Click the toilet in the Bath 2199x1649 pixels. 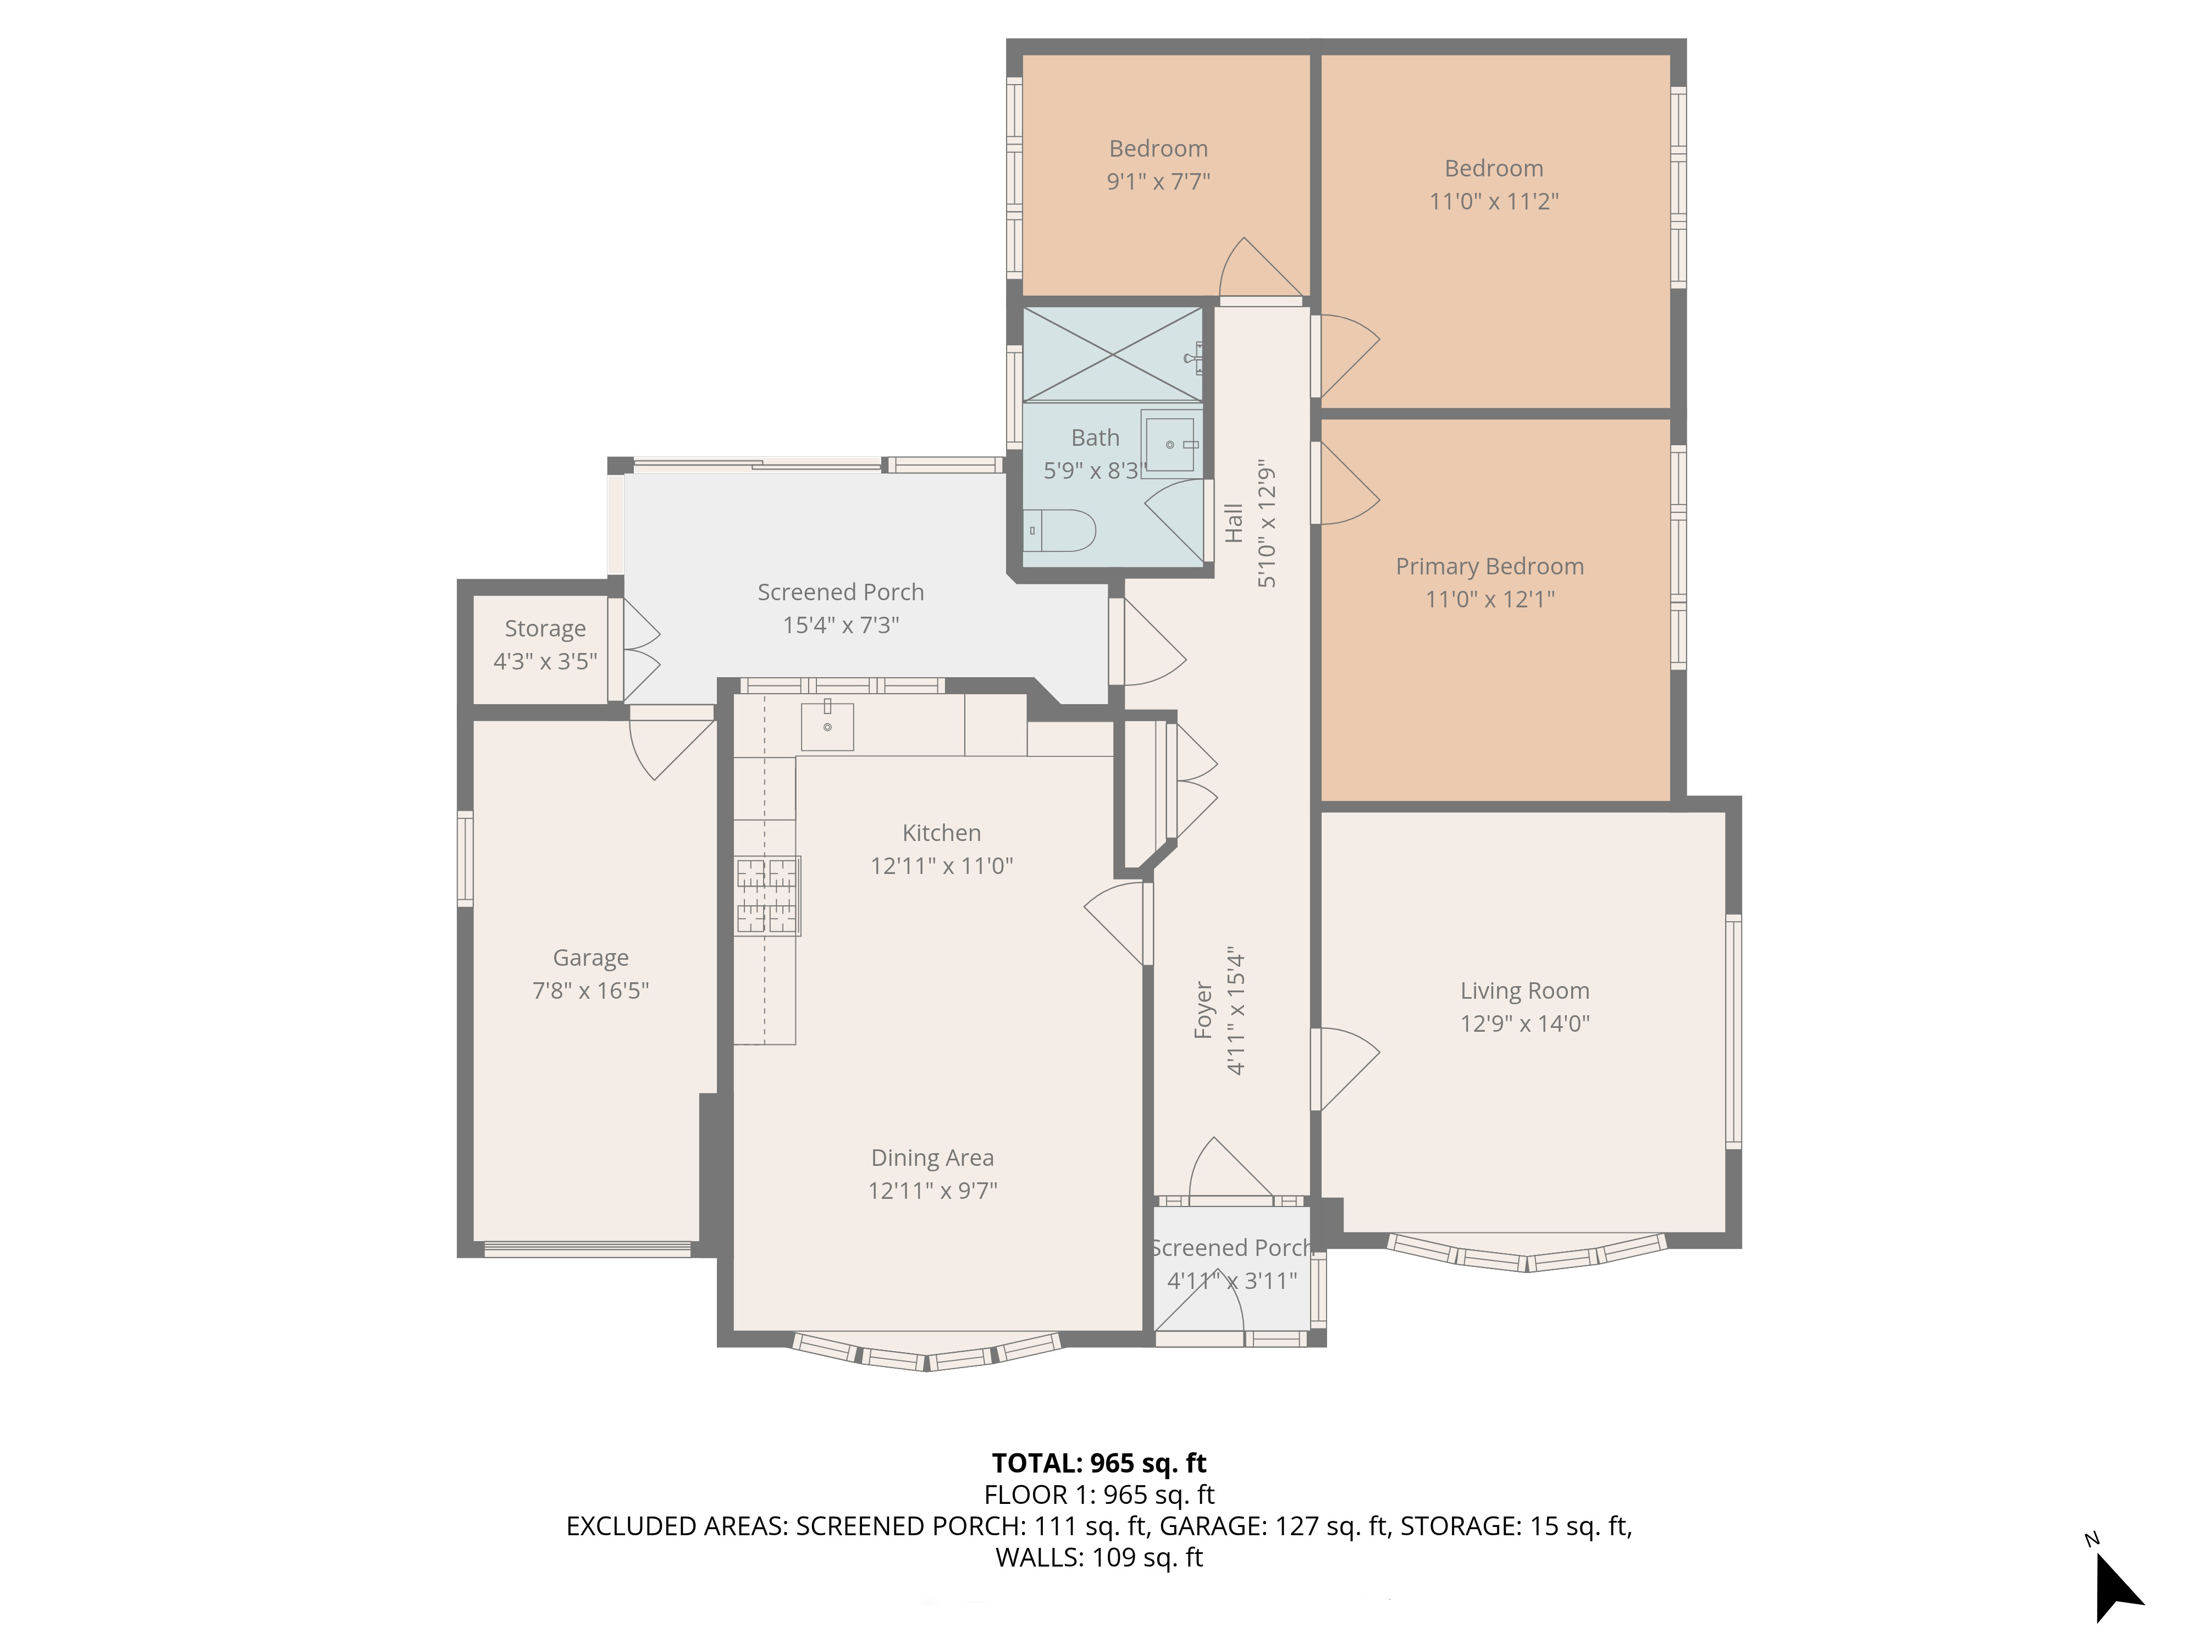coord(1060,530)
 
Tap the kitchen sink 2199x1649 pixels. coord(827,726)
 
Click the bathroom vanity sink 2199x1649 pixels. coord(1170,444)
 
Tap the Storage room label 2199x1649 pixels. coord(545,628)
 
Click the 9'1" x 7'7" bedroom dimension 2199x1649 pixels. coord(1158,181)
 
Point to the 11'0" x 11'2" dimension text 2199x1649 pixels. coord(1493,201)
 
